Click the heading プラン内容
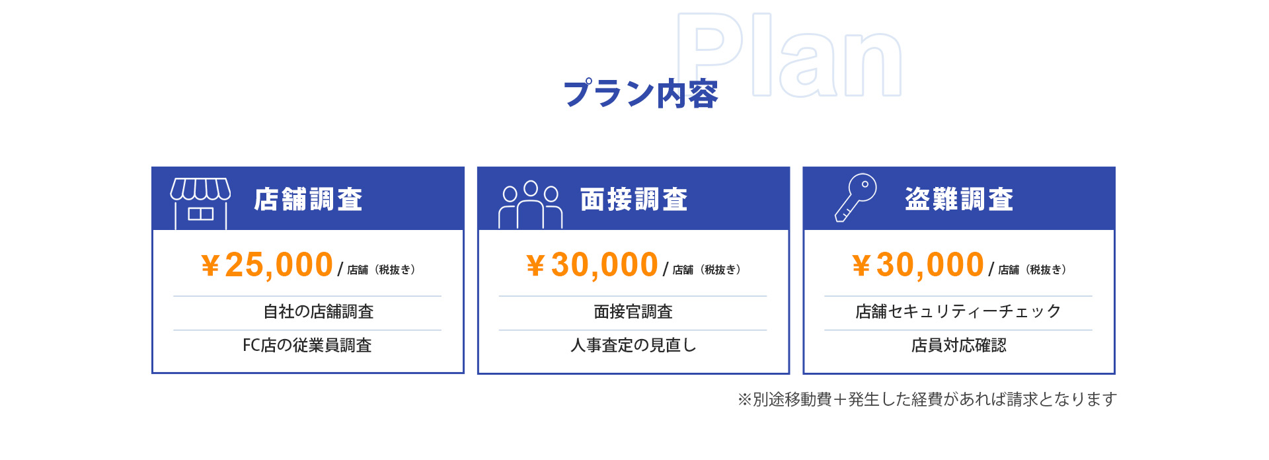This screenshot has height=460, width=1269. pyautogui.click(x=640, y=94)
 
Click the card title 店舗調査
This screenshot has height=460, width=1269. pyautogui.click(x=309, y=199)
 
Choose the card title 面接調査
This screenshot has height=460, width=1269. pyautogui.click(x=634, y=199)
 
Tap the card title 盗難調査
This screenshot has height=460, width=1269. pyautogui.click(x=959, y=199)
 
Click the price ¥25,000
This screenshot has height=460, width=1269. pyautogui.click(x=267, y=265)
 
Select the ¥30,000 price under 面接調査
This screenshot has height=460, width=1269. pyautogui.click(x=592, y=265)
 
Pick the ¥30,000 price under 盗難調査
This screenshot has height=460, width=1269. pyautogui.click(x=918, y=265)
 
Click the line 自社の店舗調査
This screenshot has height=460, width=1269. pyautogui.click(x=319, y=311)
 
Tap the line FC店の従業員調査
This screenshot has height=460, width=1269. pyautogui.click(x=307, y=345)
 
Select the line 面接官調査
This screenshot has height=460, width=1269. pyautogui.click(x=633, y=311)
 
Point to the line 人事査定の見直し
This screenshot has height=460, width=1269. pyautogui.click(x=633, y=345)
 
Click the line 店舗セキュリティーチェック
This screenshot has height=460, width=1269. pyautogui.click(x=958, y=311)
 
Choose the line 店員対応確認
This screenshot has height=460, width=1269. pyautogui.click(x=958, y=345)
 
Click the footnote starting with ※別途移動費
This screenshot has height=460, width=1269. pyautogui.click(x=927, y=399)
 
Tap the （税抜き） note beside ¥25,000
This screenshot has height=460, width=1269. pyautogui.click(x=395, y=270)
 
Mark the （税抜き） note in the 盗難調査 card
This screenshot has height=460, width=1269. pyautogui.click(x=1046, y=270)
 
